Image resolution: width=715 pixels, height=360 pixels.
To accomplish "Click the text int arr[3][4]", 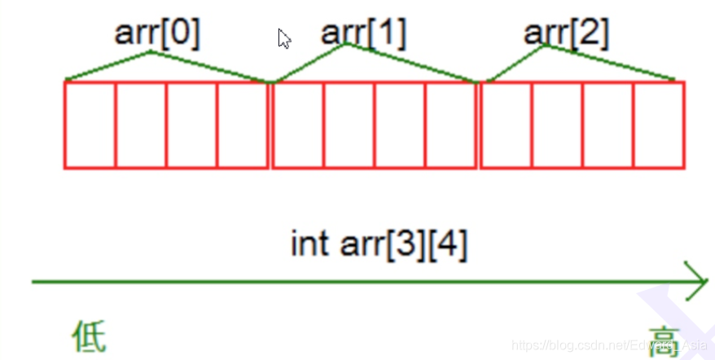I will (x=379, y=244).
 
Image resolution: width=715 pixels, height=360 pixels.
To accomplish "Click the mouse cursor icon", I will (x=284, y=38).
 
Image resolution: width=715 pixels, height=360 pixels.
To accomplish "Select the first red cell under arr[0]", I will (x=90, y=125).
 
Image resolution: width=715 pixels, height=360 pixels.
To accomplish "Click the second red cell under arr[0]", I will (x=141, y=125).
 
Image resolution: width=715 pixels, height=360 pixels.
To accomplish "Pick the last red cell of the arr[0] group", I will (x=242, y=125).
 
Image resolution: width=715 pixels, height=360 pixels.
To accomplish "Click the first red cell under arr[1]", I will (x=298, y=125).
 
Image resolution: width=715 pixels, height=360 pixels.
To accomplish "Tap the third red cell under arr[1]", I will (x=399, y=125).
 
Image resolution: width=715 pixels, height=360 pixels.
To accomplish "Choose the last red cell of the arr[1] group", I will (x=450, y=125).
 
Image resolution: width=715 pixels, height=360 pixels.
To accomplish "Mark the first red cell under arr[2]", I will (x=507, y=125).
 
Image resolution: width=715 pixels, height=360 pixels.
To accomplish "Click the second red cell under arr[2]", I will (x=558, y=125).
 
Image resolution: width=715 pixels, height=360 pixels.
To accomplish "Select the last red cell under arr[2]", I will (x=659, y=125).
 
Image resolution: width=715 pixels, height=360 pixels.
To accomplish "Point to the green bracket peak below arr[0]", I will (x=151, y=53).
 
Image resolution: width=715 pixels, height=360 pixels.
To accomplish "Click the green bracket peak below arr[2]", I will (x=544, y=46).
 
